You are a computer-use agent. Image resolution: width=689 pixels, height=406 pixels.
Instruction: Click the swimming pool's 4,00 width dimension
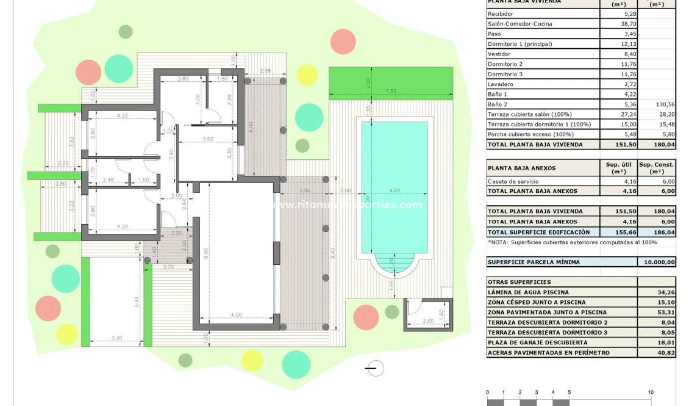click(394, 190)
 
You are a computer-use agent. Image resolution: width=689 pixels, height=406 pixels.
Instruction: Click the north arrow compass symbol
click(376, 368)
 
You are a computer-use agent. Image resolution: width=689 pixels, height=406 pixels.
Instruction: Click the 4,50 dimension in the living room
click(236, 315)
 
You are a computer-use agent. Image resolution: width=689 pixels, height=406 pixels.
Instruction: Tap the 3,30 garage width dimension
click(117, 338)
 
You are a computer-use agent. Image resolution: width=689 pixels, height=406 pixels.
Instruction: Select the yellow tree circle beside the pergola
click(307, 74)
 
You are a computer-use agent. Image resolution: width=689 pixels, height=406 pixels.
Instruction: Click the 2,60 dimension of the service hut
click(427, 321)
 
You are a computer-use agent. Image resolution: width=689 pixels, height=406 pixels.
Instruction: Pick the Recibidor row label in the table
click(501, 13)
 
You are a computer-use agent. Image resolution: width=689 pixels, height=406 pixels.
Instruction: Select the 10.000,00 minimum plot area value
click(658, 262)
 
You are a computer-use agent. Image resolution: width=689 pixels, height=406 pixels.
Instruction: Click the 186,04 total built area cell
click(657, 232)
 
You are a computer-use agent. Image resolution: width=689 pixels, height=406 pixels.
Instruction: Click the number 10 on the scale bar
click(651, 393)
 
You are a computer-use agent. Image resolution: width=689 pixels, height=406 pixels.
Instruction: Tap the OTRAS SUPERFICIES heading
click(511, 282)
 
